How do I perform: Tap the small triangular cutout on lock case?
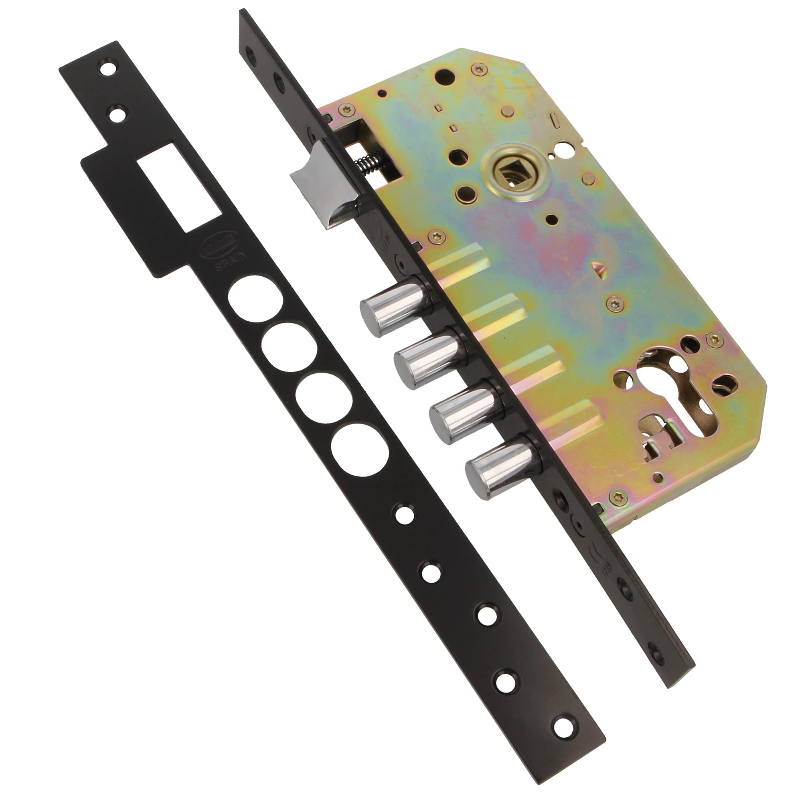click(x=599, y=267)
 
